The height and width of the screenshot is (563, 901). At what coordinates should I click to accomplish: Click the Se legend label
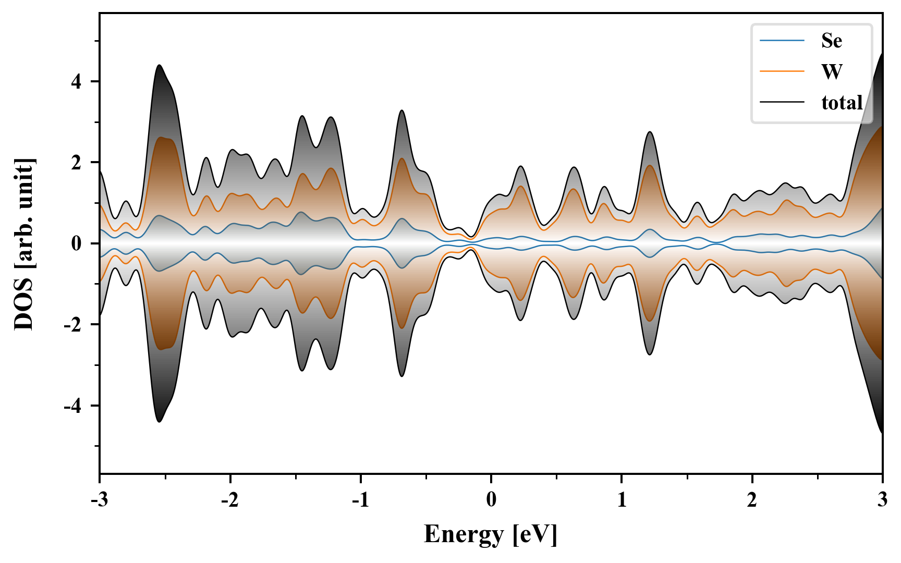tap(831, 41)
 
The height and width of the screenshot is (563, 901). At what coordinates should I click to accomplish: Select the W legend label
tap(831, 71)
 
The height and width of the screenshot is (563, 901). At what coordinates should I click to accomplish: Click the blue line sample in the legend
tap(782, 41)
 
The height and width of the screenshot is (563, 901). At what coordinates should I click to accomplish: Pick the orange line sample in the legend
tap(782, 71)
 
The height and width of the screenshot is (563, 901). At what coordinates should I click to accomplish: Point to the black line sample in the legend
tap(782, 102)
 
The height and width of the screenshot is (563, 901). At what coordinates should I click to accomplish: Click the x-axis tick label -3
tap(99, 500)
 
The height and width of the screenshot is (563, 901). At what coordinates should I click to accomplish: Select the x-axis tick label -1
tap(360, 500)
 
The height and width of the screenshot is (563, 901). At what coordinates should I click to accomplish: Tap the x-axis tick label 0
tap(491, 500)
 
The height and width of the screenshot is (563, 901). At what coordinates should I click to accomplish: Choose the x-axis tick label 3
tap(882, 500)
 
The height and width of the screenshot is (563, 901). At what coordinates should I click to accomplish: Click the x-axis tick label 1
tap(622, 500)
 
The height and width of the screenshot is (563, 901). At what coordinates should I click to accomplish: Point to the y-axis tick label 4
tap(77, 81)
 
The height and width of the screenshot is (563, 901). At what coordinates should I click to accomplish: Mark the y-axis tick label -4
tap(73, 406)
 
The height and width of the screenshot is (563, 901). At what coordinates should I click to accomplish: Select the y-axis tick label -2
tap(73, 325)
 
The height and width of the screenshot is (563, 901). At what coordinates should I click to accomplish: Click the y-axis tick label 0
tap(77, 243)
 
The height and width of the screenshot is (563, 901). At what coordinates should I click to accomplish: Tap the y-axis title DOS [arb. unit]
tap(23, 243)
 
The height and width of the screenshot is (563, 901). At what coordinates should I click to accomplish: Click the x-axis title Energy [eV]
tap(491, 534)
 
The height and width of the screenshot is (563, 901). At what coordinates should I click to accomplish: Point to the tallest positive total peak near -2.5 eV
tap(160, 65)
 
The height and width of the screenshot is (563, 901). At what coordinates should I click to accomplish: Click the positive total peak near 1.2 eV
tap(650, 132)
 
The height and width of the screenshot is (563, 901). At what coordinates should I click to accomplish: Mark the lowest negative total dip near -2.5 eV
tap(160, 421)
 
